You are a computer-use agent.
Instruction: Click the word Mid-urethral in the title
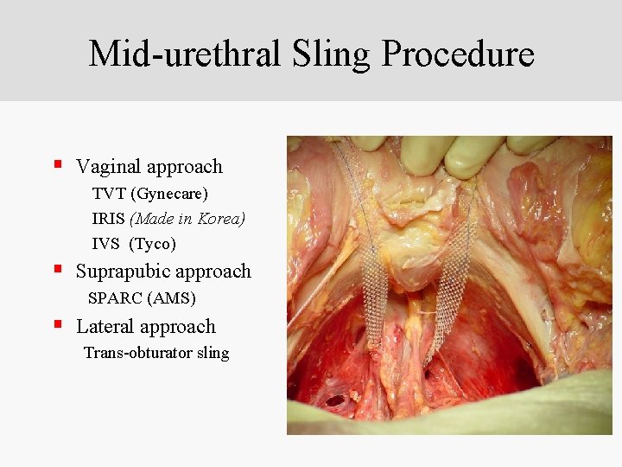[184, 54]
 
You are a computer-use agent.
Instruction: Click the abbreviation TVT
[108, 193]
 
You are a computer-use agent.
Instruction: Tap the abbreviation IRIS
[108, 219]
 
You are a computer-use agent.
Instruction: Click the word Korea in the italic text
[221, 219]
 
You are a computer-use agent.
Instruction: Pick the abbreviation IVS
[105, 244]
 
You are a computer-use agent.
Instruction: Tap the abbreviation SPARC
[116, 298]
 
